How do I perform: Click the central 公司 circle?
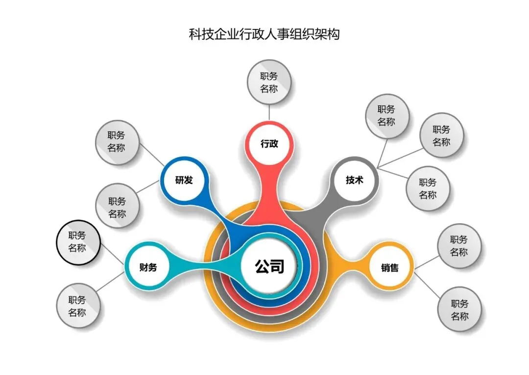tap(269, 268)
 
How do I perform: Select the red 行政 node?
tap(269, 144)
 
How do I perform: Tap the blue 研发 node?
tap(184, 180)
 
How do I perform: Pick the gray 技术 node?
tap(354, 180)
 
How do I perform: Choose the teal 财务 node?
tap(148, 268)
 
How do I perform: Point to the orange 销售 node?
tap(390, 268)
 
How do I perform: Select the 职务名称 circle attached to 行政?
tap(269, 82)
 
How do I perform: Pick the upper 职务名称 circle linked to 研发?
tap(117, 141)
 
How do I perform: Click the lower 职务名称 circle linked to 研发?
tap(117, 207)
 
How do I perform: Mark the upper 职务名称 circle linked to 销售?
tap(459, 246)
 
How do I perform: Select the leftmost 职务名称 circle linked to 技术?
tap(386, 116)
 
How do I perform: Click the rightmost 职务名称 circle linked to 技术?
tap(441, 136)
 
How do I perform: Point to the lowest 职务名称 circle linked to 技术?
tap(428, 188)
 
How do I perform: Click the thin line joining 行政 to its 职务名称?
tap(269, 112)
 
